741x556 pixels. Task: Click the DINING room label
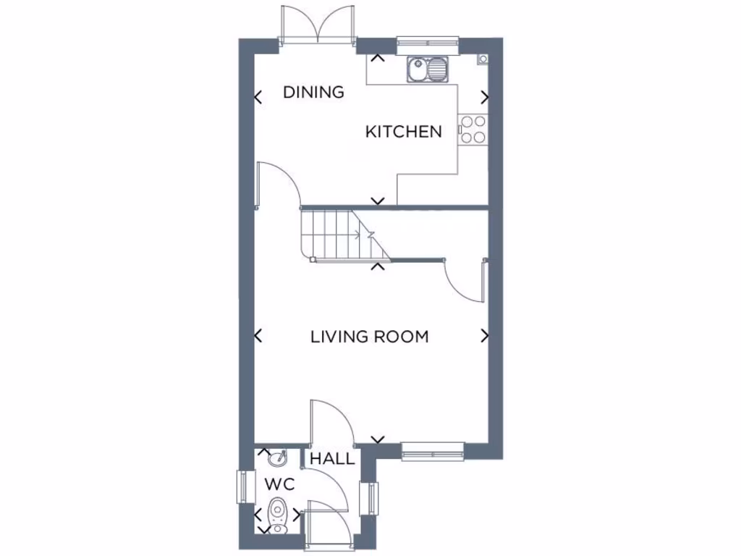coord(313,92)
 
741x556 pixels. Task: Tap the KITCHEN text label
coord(403,132)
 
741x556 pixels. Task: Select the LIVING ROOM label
coord(369,337)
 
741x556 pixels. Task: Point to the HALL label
coord(332,459)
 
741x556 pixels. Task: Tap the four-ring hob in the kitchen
coord(473,130)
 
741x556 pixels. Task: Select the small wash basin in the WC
coord(276,458)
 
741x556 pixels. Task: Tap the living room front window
coord(432,452)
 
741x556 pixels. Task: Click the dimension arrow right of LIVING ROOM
coord(484,336)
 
